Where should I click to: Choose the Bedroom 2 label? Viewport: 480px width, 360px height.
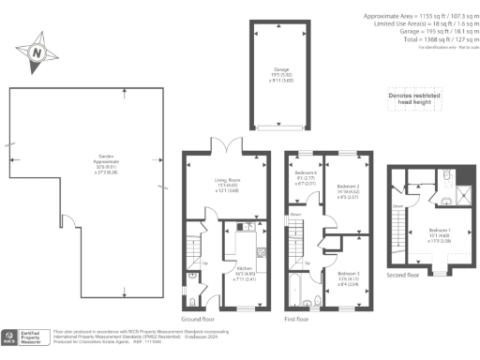coord(347,190)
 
